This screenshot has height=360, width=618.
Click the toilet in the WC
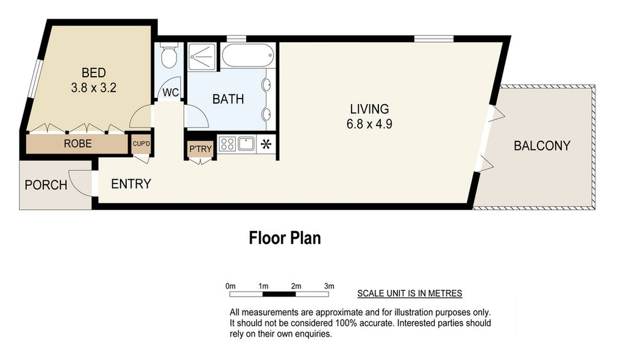point(169,55)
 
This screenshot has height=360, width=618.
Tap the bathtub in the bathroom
point(248,55)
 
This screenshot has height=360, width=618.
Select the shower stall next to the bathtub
point(202,57)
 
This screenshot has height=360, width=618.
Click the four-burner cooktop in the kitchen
point(227,144)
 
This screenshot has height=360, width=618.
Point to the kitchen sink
point(246,144)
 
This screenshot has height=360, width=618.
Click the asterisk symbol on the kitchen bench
point(266,144)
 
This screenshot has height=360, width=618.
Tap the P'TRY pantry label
point(201,149)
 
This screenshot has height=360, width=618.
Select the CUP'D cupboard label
point(141,144)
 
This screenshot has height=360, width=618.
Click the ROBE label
point(77,144)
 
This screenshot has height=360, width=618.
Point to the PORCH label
point(46,185)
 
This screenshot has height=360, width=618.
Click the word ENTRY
point(131,184)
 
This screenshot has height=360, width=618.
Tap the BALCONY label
point(542,146)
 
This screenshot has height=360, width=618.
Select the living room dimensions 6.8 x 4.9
point(369,124)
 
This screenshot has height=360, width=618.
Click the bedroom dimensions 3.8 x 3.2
point(94,88)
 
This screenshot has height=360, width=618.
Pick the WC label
point(171,93)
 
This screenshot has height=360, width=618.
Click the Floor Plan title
point(285,238)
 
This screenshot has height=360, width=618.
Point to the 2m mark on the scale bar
point(296,286)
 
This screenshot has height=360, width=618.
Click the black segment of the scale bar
point(279,294)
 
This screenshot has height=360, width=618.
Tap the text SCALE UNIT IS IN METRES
point(410,294)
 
